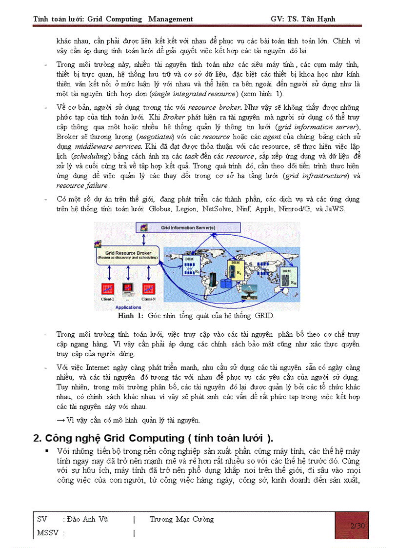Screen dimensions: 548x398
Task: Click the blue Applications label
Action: [128, 307]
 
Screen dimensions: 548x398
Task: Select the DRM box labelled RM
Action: [288, 276]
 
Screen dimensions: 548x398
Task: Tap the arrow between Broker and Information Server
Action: [143, 239]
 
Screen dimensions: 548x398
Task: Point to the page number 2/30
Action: [358, 526]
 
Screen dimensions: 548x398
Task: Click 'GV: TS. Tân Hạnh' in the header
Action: [303, 19]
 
